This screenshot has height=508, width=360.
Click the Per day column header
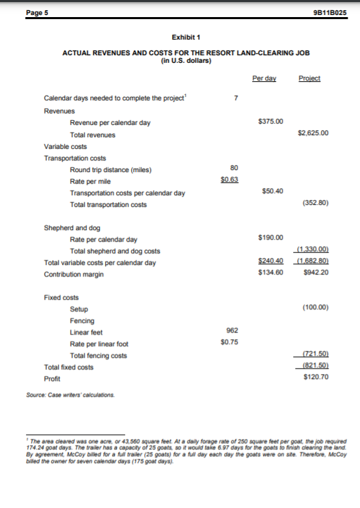click(264, 78)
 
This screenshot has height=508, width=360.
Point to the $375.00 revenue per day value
click(271, 122)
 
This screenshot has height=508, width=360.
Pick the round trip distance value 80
click(234, 168)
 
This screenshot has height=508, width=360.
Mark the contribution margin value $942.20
click(317, 274)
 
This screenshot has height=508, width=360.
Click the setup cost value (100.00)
click(316, 308)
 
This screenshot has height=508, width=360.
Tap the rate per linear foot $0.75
click(230, 343)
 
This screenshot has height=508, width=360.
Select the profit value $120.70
click(317, 377)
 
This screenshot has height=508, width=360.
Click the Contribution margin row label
click(74, 274)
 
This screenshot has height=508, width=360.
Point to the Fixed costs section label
click(61, 298)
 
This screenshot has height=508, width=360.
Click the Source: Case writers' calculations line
click(79, 394)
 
